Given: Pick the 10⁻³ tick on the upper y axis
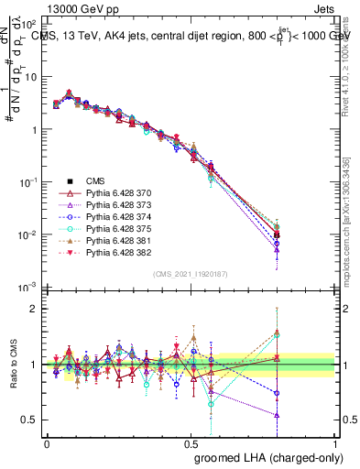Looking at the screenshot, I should [29, 288].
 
